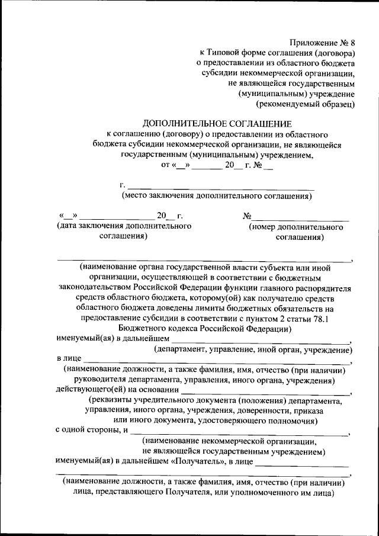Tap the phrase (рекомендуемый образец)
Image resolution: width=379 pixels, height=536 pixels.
pyautogui.click(x=305, y=104)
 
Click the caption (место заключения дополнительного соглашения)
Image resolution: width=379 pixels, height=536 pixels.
pyautogui.click(x=217, y=195)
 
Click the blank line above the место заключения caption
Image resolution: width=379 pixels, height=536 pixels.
pyautogui.click(x=220, y=188)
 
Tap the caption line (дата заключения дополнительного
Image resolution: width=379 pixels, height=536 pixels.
pyautogui.click(x=123, y=226)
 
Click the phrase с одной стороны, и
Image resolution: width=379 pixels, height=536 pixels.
pyautogui.click(x=92, y=431)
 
